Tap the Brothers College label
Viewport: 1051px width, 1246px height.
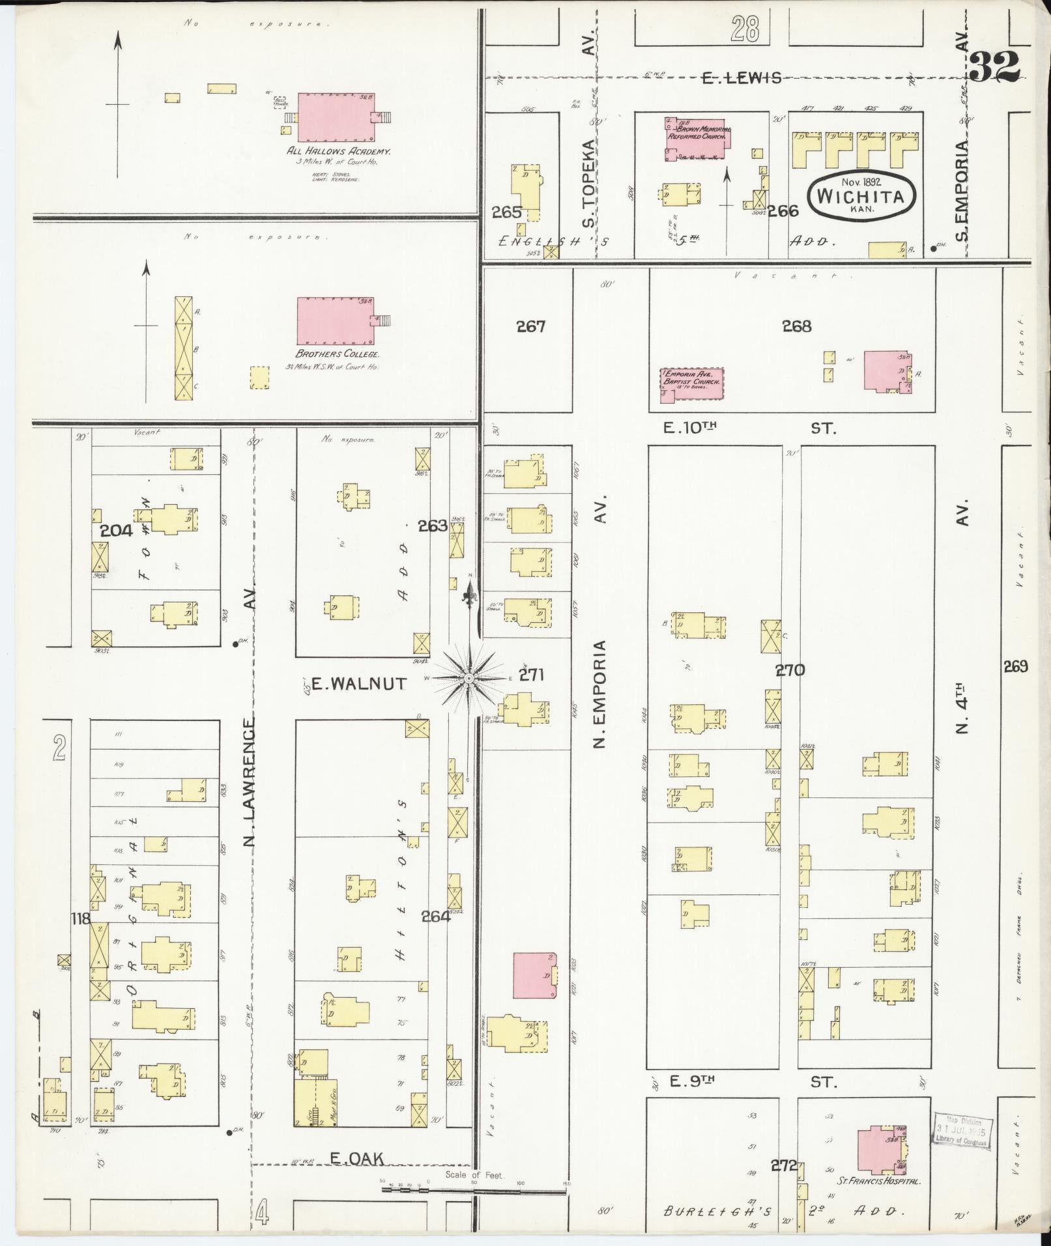(x=337, y=354)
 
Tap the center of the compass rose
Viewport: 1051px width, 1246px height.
(x=468, y=678)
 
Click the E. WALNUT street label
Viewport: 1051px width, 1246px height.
(x=359, y=683)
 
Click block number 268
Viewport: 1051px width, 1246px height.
(x=796, y=326)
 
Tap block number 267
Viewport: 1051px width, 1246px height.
(x=530, y=326)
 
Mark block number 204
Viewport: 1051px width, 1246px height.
(x=117, y=530)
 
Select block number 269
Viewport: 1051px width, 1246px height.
(x=1015, y=666)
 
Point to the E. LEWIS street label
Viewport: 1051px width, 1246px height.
(x=741, y=78)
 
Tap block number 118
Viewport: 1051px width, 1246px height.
(x=81, y=919)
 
